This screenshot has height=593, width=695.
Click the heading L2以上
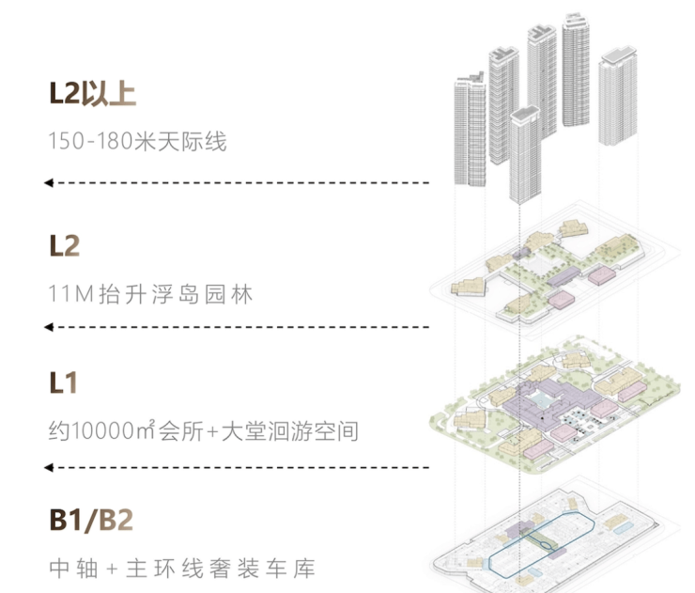(93, 95)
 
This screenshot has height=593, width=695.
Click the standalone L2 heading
(64, 246)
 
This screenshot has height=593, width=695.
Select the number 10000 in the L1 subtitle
(102, 432)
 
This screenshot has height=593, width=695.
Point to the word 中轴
(71, 569)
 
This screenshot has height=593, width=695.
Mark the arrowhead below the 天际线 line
(50, 181)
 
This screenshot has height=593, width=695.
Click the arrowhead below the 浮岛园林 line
(50, 326)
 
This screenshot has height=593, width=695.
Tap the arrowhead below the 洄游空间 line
(50, 466)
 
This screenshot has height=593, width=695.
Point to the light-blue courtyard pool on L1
(542, 402)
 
